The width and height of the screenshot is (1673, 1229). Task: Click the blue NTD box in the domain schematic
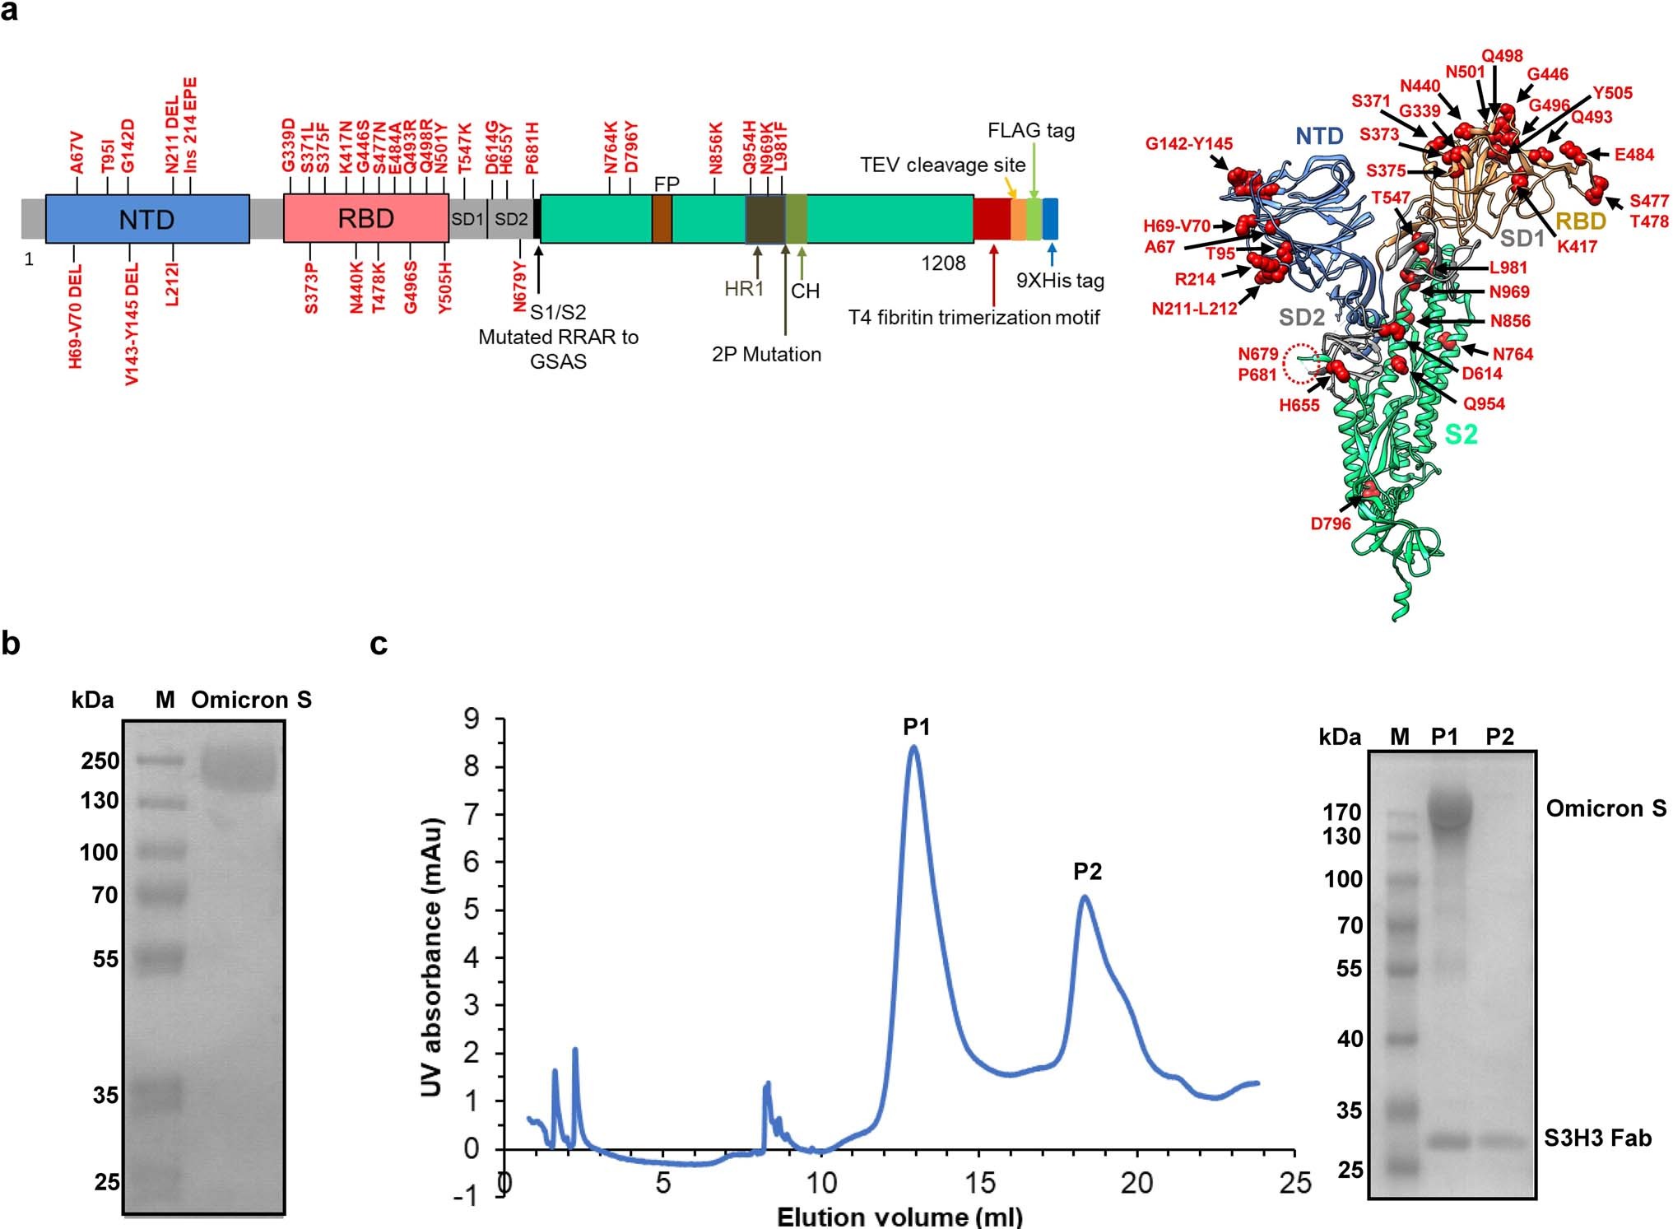[147, 219]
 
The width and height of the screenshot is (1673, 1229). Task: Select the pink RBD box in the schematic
[365, 219]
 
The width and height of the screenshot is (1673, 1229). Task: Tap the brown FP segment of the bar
[662, 219]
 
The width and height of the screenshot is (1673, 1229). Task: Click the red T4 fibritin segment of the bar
[992, 219]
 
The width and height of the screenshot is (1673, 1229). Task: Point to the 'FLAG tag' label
[1031, 131]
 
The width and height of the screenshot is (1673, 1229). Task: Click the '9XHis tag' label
[1060, 281]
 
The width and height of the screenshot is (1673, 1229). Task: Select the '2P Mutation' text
[766, 354]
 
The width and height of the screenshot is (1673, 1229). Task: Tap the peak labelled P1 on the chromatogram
[916, 727]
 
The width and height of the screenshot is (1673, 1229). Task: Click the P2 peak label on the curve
[1087, 871]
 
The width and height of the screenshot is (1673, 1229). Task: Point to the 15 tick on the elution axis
[979, 1184]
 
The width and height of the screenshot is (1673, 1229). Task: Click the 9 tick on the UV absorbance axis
[472, 720]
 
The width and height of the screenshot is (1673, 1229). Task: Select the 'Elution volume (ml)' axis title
[899, 1217]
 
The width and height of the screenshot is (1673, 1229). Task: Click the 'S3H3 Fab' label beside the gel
[1597, 1138]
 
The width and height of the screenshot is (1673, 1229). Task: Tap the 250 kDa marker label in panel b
[100, 761]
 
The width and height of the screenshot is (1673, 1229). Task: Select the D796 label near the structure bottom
[1331, 523]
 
